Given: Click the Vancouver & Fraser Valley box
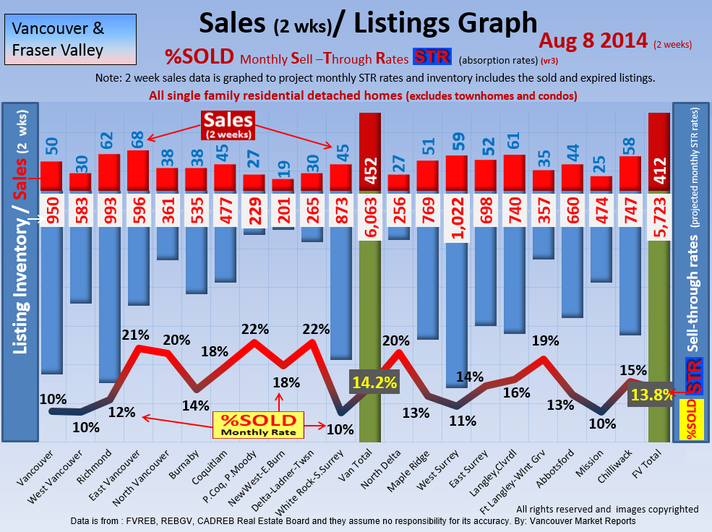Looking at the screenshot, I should [69, 40].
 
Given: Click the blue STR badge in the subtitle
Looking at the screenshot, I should [432, 57].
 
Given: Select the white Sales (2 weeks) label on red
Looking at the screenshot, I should [228, 124].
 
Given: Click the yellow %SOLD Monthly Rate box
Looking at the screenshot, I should [258, 424].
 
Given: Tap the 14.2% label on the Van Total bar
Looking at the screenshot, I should [374, 382].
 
